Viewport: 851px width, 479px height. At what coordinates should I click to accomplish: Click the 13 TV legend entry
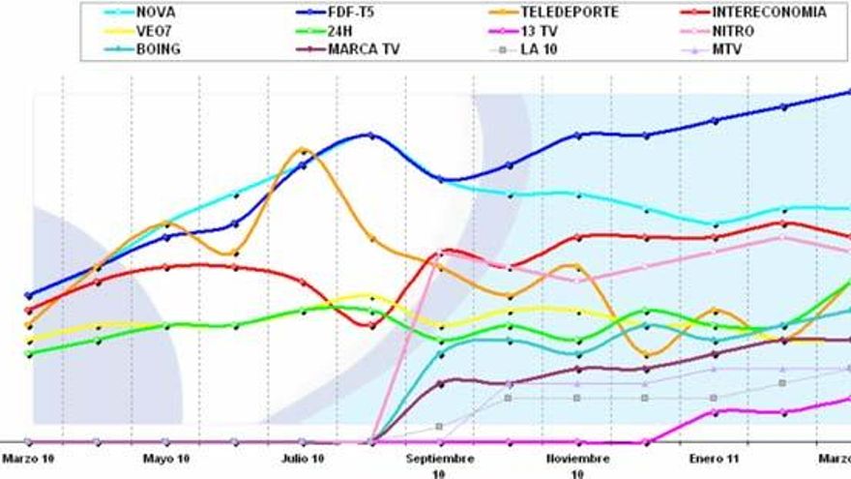[538, 31]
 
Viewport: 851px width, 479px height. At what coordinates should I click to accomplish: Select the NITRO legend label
[732, 31]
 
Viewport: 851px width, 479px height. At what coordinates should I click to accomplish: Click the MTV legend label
[726, 49]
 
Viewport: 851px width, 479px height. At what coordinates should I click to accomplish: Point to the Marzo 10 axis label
[28, 459]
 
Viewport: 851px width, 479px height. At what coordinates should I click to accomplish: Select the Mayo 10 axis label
[165, 459]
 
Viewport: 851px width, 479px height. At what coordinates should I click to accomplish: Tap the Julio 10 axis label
[303, 459]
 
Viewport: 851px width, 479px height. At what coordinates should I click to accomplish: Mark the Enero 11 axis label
[715, 459]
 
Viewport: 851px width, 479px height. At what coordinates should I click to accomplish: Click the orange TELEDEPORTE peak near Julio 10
[303, 150]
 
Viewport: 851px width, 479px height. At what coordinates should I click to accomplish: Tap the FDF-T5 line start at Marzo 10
[29, 295]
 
